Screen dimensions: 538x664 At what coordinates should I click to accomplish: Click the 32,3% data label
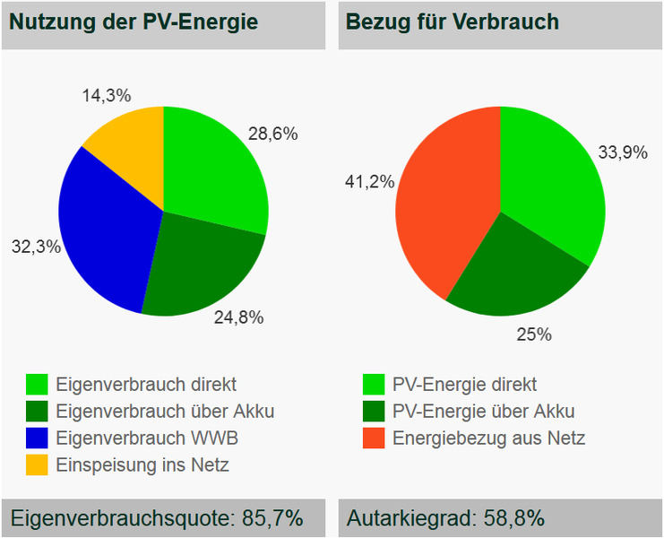(x=35, y=246)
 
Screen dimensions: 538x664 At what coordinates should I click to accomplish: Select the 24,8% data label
(x=239, y=317)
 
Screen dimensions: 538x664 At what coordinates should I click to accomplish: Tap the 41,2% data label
(x=369, y=182)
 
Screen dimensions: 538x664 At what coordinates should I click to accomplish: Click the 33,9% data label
(x=623, y=152)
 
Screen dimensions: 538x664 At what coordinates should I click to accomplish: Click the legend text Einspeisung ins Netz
(x=142, y=465)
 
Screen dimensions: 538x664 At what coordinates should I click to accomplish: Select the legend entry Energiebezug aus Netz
(x=488, y=438)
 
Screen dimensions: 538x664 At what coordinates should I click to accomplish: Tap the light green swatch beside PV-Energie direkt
(x=374, y=385)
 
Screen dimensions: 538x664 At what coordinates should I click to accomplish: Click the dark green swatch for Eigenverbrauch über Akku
(x=37, y=412)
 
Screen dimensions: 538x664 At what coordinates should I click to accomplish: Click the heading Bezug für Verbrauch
(x=453, y=22)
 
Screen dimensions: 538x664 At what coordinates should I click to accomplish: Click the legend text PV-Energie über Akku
(x=483, y=412)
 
